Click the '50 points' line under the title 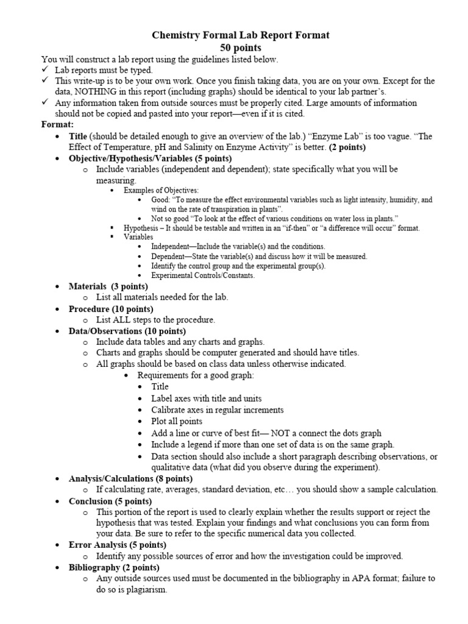[240, 48]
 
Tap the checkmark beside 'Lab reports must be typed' [44, 69]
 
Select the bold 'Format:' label [57, 124]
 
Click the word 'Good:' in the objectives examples [163, 199]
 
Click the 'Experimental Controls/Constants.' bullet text [203, 275]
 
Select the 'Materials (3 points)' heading [108, 286]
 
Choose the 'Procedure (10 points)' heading [111, 309]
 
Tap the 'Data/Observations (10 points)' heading [127, 331]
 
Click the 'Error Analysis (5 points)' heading [117, 545]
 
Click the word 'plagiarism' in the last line [146, 590]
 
